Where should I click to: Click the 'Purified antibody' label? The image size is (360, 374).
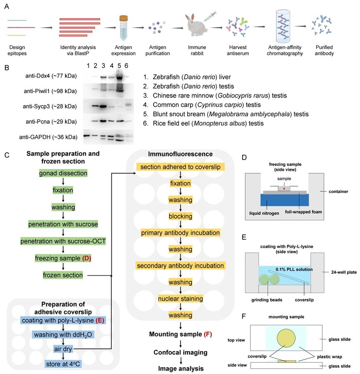click(x=324, y=50)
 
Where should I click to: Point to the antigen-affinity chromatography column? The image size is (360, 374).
click(x=283, y=26)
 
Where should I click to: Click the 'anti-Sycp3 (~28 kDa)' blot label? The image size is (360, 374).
click(x=50, y=106)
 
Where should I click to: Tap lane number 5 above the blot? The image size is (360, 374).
click(x=119, y=65)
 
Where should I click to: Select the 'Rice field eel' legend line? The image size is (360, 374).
click(x=203, y=123)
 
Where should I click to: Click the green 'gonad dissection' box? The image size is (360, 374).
click(x=63, y=173)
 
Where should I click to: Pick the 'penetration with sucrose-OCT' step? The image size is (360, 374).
click(x=63, y=241)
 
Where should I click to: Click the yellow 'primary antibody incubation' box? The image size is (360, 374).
click(x=180, y=233)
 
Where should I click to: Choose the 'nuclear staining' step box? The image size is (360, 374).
click(x=180, y=299)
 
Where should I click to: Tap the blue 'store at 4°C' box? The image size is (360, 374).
click(x=63, y=364)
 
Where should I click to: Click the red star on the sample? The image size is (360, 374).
click(x=284, y=189)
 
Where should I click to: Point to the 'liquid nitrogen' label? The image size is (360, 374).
click(x=264, y=213)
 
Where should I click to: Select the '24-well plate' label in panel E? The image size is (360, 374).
click(x=344, y=272)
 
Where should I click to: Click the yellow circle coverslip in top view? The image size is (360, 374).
click(x=286, y=338)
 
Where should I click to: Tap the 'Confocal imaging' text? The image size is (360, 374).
click(x=180, y=352)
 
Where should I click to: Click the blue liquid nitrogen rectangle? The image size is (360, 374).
click(x=285, y=200)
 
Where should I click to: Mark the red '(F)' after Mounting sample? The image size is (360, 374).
click(x=207, y=334)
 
